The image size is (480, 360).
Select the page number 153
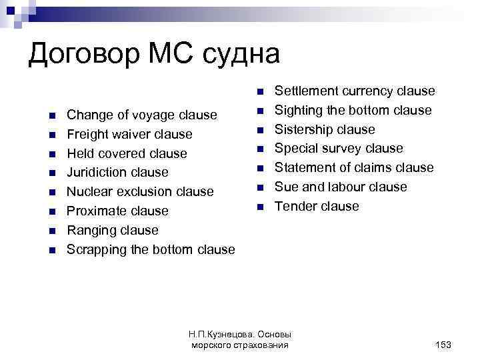tap(443, 345)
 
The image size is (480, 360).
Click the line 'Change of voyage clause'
tap(142, 115)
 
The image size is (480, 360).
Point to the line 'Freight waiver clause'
tap(129, 134)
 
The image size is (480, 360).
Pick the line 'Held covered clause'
tap(127, 153)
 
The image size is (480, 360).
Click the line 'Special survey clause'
tap(339, 148)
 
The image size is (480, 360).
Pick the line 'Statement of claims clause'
tap(354, 167)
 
